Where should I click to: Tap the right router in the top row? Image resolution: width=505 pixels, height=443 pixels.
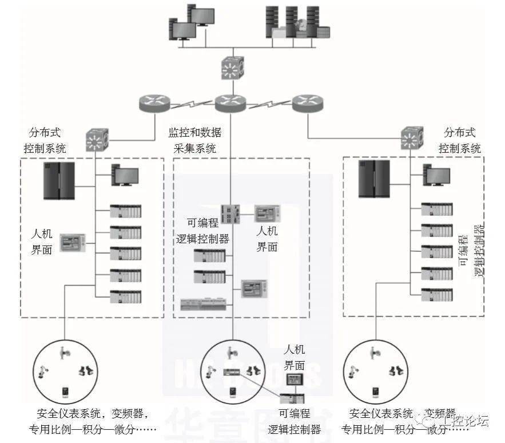pos(307,104)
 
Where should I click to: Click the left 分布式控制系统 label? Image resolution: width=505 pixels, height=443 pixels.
pos(45,140)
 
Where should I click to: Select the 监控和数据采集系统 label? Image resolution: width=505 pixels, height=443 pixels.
pos(194,140)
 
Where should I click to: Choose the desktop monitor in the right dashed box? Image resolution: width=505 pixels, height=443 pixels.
pos(436,175)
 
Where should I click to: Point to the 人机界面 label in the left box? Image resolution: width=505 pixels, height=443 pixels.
pos(42,242)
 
